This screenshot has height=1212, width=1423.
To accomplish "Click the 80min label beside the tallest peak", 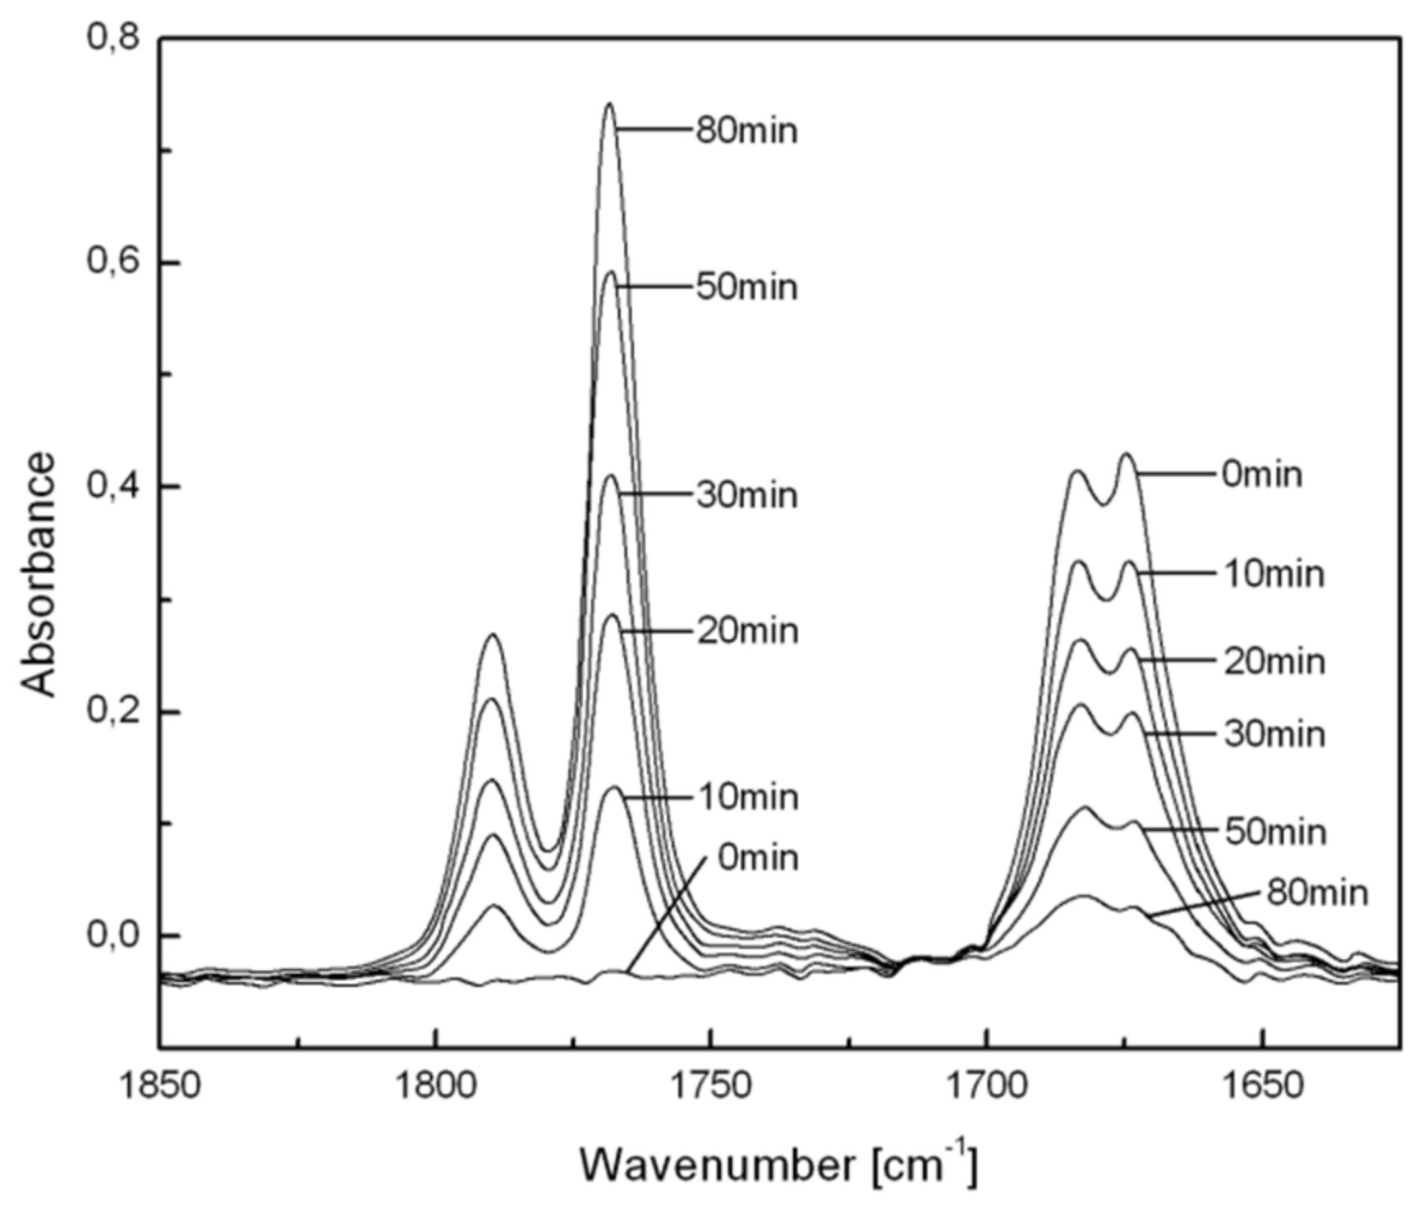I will (746, 131).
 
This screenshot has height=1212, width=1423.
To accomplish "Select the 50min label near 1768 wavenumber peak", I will (746, 287).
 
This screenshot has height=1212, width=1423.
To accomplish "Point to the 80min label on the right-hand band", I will (1317, 893).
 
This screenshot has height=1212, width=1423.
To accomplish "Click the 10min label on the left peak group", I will (748, 797).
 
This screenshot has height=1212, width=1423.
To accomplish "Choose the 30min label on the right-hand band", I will (1274, 734).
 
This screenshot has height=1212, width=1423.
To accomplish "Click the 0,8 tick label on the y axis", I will (112, 38).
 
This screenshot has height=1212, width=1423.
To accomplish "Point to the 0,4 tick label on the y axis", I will (112, 487).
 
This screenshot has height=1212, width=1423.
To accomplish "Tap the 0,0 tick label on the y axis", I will (112, 935).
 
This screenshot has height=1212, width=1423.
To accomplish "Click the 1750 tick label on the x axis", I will (712, 1086).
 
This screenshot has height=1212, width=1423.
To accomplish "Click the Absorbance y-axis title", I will (38, 574).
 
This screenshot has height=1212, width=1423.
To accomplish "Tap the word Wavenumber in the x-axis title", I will (717, 1164).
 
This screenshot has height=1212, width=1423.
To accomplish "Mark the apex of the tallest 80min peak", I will (609, 104).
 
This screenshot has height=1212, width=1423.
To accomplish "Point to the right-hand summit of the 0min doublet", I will (1127, 454).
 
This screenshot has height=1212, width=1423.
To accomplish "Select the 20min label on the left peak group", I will (748, 631).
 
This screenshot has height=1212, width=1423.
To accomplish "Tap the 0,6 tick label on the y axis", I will (112, 263).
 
